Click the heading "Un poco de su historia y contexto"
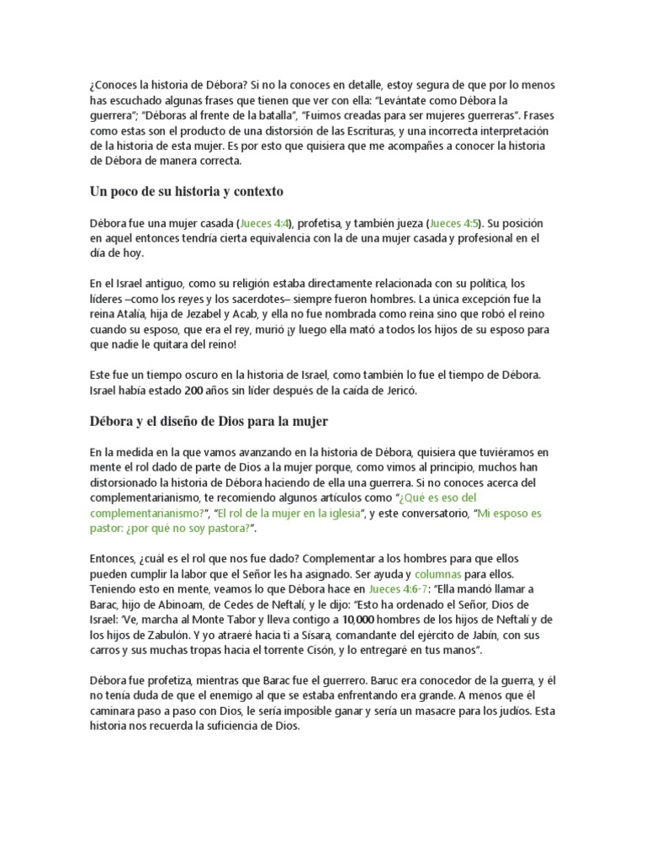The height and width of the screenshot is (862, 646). pyautogui.click(x=186, y=191)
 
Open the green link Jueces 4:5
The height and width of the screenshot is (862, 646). pyautogui.click(x=455, y=223)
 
